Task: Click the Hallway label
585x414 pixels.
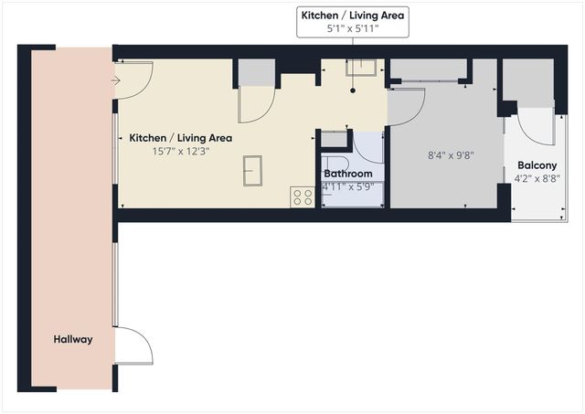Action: pyautogui.click(x=72, y=339)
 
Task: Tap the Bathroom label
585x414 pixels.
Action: pyautogui.click(x=348, y=174)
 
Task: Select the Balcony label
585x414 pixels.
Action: pyautogui.click(x=537, y=165)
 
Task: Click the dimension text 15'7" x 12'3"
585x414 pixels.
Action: pyautogui.click(x=180, y=152)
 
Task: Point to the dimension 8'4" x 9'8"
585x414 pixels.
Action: pyautogui.click(x=451, y=155)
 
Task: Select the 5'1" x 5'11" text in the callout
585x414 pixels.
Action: pyautogui.click(x=353, y=29)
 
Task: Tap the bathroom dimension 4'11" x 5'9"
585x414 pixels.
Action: pyautogui.click(x=348, y=187)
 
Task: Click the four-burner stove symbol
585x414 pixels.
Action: pyautogui.click(x=303, y=196)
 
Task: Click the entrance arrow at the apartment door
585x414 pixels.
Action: pyautogui.click(x=115, y=80)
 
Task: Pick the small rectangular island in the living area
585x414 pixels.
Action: pyautogui.click(x=252, y=169)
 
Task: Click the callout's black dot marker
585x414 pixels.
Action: pyautogui.click(x=354, y=90)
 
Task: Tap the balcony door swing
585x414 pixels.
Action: pyautogui.click(x=537, y=125)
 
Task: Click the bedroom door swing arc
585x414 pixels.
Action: pyautogui.click(x=408, y=105)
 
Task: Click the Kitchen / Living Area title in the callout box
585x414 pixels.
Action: pyautogui.click(x=353, y=15)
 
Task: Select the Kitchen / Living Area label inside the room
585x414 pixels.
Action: pyautogui.click(x=180, y=138)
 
